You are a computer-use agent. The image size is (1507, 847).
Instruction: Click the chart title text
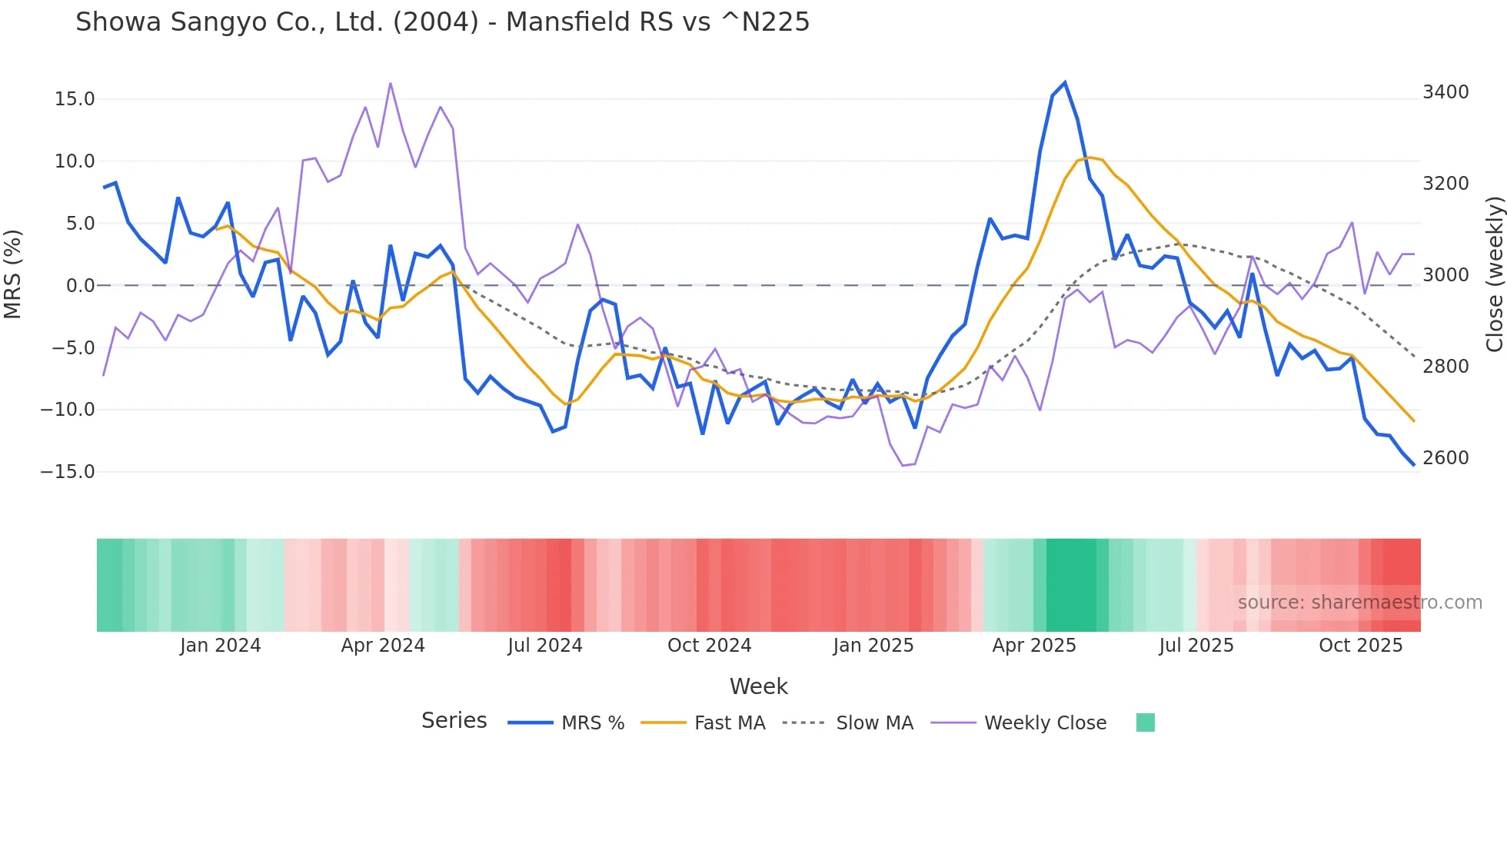click(x=442, y=22)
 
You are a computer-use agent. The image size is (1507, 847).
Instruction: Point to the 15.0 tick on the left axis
click(x=75, y=99)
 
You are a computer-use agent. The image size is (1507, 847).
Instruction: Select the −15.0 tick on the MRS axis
click(x=68, y=472)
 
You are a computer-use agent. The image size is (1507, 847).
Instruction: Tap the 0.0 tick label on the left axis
click(x=80, y=286)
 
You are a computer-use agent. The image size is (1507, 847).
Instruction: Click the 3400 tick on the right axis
click(x=1445, y=92)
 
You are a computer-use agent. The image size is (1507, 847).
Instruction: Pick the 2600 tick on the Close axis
click(x=1445, y=458)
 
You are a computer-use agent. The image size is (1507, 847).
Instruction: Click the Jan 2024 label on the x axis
click(x=221, y=646)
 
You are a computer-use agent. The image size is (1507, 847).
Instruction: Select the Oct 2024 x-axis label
click(x=709, y=646)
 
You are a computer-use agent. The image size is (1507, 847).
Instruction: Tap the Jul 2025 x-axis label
click(x=1196, y=646)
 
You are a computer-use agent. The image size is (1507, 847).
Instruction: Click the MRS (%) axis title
click(x=13, y=274)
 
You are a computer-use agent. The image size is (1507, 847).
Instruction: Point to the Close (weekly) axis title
click(x=1494, y=274)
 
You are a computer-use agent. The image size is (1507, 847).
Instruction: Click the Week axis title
click(x=758, y=686)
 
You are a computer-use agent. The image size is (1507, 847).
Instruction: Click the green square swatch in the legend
click(x=1145, y=722)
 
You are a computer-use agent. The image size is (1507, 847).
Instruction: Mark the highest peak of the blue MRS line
click(x=1065, y=83)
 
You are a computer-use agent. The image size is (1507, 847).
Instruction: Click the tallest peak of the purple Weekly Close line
click(x=391, y=83)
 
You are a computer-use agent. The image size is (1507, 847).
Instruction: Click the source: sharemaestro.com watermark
click(x=1359, y=603)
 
